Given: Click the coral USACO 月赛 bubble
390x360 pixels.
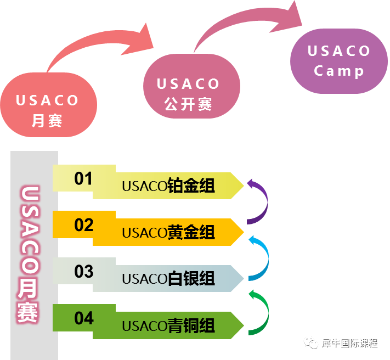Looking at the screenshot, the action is [x=49, y=105].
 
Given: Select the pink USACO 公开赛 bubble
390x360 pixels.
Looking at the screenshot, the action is [x=192, y=86].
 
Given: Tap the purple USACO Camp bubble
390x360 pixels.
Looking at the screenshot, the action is [x=339, y=61].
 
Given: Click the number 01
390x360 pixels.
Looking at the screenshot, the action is [x=83, y=178].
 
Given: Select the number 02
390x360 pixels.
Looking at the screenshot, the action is [x=84, y=225].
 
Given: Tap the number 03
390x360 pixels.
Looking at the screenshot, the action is [x=84, y=271].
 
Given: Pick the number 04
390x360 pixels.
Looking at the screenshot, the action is [x=84, y=318].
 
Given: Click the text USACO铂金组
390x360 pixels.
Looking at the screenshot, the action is [x=168, y=185].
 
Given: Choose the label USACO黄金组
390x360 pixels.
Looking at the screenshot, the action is [x=168, y=232].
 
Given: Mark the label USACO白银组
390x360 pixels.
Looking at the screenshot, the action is [x=168, y=278].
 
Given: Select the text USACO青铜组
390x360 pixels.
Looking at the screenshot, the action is [x=168, y=325].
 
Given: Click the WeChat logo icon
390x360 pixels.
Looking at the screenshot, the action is [x=311, y=343].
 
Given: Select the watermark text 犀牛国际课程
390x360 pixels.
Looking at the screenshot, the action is [x=350, y=344].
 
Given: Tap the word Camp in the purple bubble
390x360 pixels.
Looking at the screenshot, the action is [x=339, y=71].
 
